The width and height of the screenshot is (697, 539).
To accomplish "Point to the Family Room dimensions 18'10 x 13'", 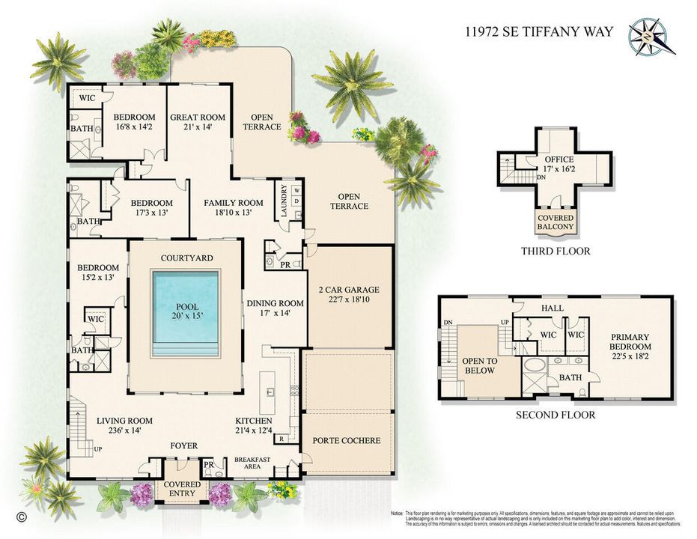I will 234,213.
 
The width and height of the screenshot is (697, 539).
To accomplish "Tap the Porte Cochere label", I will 347,440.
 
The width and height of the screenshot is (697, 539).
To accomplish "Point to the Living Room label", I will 124,421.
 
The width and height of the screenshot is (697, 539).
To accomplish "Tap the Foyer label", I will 183,445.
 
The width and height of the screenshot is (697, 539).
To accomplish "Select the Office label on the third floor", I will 558,159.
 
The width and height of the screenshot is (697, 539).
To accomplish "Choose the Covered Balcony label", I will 555,222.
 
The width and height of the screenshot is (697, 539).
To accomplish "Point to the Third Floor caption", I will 556,251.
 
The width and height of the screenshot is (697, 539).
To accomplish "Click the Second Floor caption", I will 556,414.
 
